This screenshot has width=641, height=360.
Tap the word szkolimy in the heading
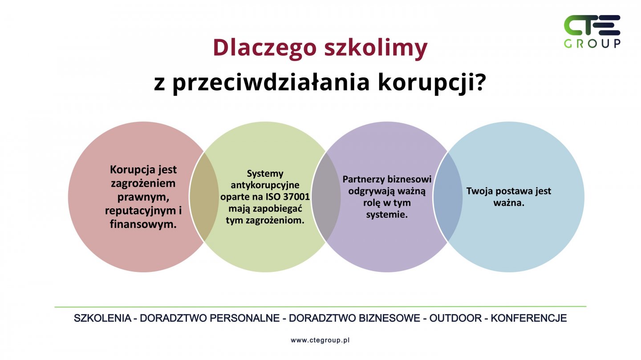(x=376, y=48)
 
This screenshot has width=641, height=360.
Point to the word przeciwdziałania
(x=271, y=83)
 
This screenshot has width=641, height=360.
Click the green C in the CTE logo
(x=574, y=25)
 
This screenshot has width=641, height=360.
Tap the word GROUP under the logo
(x=592, y=44)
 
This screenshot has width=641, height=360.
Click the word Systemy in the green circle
(x=265, y=174)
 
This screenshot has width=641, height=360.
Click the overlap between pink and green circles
(x=204, y=197)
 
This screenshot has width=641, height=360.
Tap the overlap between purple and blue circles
(x=447, y=197)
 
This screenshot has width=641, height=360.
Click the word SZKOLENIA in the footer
(x=102, y=318)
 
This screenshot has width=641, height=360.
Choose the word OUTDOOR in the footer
(x=455, y=318)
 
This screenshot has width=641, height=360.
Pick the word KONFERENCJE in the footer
(x=528, y=318)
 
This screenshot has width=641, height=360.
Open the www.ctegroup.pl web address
(x=320, y=340)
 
